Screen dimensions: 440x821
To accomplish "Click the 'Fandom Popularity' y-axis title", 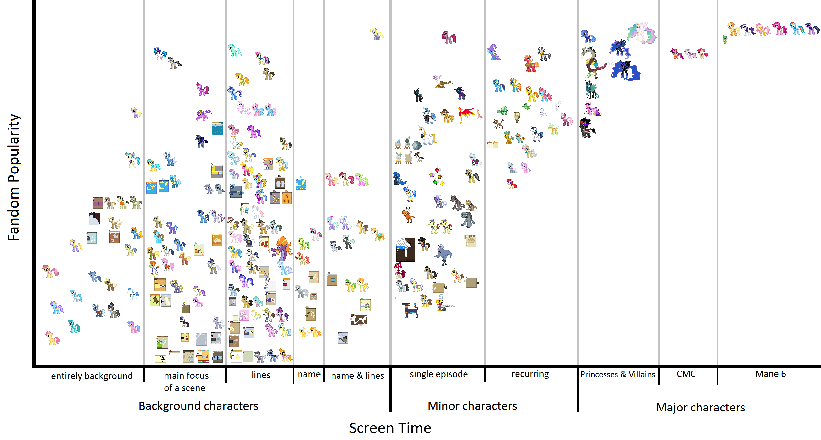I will click(14, 177).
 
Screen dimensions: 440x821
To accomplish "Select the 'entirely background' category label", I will click(92, 376).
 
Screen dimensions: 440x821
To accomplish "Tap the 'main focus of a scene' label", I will click(186, 381).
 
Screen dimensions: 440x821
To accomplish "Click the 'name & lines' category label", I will click(357, 375).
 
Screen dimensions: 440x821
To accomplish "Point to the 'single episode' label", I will click(438, 374).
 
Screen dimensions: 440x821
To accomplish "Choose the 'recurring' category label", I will click(530, 373).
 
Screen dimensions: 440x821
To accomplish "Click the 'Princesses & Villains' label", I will click(617, 374).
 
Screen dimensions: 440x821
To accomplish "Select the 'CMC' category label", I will click(686, 373).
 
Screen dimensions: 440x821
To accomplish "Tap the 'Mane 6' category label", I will click(770, 373).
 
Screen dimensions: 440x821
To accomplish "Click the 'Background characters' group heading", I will click(198, 406).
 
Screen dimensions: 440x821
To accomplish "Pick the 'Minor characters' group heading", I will click(472, 406).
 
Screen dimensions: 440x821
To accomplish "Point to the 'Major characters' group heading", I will click(700, 407).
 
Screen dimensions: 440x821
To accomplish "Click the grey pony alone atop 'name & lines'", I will click(377, 34).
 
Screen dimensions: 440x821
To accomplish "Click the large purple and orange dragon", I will click(281, 248).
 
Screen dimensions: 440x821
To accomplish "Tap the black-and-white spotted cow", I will click(359, 321).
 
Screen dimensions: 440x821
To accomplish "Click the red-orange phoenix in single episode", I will click(466, 114).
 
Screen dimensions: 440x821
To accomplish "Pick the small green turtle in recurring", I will click(503, 110).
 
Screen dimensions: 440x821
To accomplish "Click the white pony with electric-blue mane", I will click(160, 53).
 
